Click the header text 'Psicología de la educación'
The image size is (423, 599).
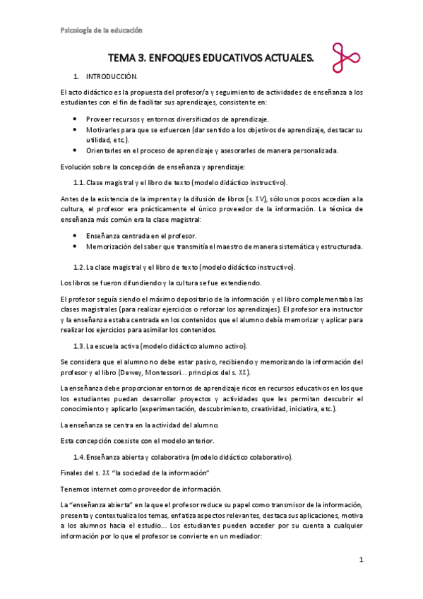coord(101,30)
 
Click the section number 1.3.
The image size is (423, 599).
coord(79,346)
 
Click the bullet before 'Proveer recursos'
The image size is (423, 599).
coord(76,119)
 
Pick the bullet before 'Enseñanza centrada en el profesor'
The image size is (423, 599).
coord(76,235)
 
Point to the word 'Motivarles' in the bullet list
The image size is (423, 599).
coord(103,130)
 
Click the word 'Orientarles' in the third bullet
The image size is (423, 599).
coord(104,150)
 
